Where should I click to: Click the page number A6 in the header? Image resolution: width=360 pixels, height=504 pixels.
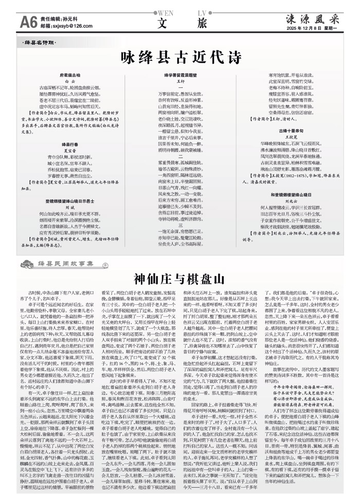click(x=28, y=22)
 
